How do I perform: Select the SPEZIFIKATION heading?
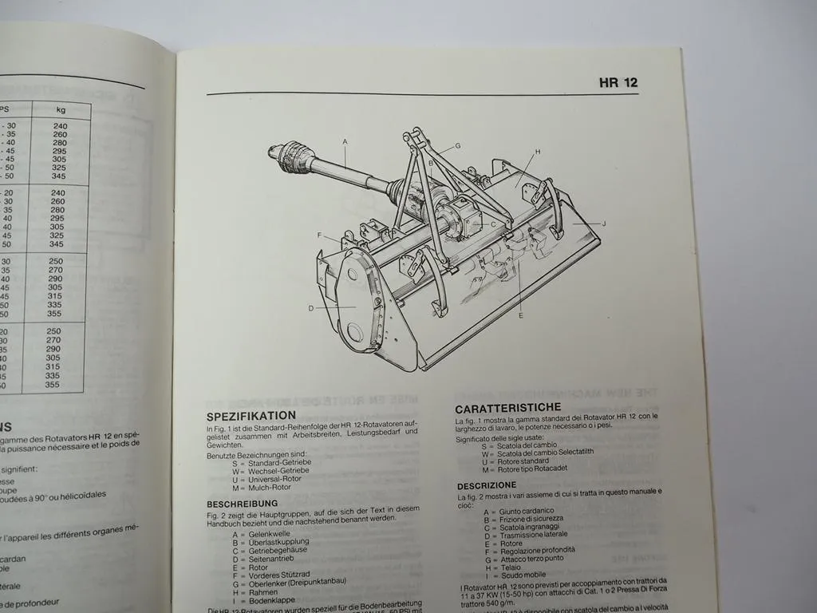[251, 416]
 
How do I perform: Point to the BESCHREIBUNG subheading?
[243, 504]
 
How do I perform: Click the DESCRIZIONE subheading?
[487, 485]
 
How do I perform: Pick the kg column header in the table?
[61, 110]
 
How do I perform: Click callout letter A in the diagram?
[345, 142]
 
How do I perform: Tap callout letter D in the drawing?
[310, 307]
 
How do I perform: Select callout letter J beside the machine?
[604, 224]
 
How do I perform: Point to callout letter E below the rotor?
[520, 315]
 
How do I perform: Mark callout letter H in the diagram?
[538, 151]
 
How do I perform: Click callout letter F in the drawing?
[319, 235]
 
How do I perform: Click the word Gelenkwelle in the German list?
[270, 533]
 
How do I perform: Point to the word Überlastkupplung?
[279, 542]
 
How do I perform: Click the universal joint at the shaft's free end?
[292, 156]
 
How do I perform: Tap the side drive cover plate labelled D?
[356, 303]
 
